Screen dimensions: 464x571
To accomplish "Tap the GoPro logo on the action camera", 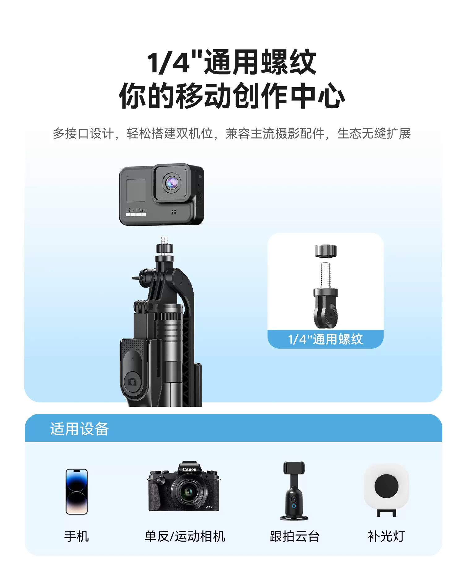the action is pyautogui.click(x=136, y=210).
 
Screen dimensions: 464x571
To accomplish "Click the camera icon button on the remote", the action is pyautogui.click(x=132, y=382).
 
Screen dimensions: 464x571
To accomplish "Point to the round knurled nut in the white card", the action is pyautogui.click(x=325, y=251).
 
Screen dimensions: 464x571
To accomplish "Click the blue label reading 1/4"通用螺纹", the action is pyautogui.click(x=325, y=339).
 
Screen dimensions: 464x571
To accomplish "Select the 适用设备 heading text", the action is pyautogui.click(x=79, y=429).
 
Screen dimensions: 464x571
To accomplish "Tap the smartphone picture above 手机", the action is pyautogui.click(x=77, y=492).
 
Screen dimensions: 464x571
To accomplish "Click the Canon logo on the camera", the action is pyautogui.click(x=189, y=469).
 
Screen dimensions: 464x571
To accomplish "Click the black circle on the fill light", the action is pyautogui.click(x=386, y=486).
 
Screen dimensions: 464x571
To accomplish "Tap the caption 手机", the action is pyautogui.click(x=77, y=536).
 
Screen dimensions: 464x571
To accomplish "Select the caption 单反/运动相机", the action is pyautogui.click(x=185, y=536).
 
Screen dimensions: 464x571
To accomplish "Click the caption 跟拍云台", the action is pyautogui.click(x=294, y=536).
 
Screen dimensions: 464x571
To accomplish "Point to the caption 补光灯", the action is pyautogui.click(x=386, y=536).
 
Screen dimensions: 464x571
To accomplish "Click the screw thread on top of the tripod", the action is pyautogui.click(x=165, y=241).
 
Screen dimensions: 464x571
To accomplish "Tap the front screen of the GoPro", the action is pyautogui.click(x=136, y=190).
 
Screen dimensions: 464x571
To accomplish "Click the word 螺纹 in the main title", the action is pyautogui.click(x=289, y=62).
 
